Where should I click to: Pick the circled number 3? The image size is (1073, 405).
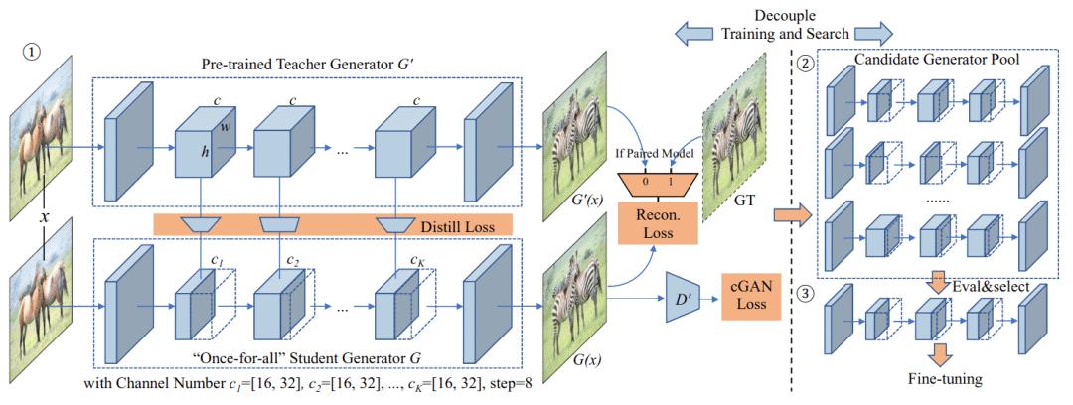coord(832,292)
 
